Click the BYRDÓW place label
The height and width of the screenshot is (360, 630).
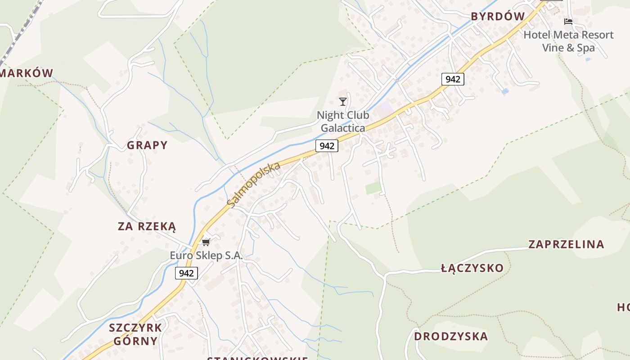498,17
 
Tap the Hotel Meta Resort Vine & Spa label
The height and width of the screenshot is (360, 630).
568,41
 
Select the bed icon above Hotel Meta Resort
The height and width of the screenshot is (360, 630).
568,21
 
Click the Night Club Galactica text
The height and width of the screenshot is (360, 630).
343,121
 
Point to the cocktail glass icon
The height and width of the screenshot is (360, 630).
343,102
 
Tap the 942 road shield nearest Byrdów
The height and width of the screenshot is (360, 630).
452,79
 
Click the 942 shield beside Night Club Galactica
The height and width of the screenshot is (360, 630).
327,146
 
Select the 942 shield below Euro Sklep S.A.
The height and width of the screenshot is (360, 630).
186,273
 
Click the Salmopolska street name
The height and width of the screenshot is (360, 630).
254,184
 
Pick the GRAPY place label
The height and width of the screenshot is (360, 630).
147,145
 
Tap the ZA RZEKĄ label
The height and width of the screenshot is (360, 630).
147,226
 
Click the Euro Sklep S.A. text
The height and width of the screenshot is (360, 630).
206,256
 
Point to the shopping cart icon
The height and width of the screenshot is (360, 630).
206,243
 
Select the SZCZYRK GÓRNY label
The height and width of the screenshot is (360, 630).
135,334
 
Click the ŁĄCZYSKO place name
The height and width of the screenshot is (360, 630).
472,269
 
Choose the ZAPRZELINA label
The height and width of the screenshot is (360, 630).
566,244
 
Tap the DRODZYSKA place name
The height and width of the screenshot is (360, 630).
451,336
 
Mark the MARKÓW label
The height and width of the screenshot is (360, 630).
27,73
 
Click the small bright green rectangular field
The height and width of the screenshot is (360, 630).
373,188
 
